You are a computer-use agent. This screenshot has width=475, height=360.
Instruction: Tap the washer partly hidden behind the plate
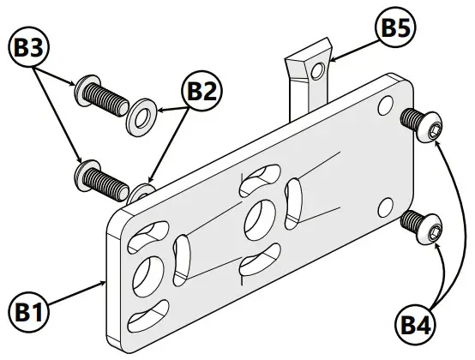click(x=141, y=189)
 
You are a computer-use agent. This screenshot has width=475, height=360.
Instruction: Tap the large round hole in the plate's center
click(x=258, y=219)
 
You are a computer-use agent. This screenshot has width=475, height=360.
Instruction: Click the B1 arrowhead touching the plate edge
click(x=105, y=280)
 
